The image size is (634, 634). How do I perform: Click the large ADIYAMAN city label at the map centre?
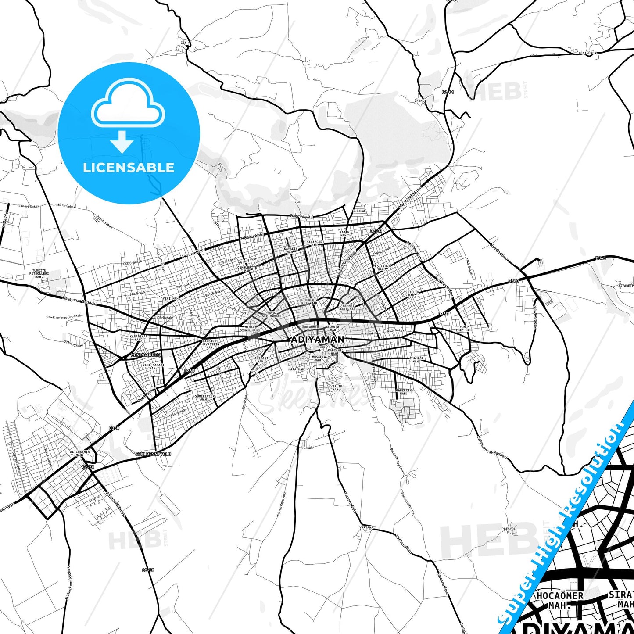point(318,339)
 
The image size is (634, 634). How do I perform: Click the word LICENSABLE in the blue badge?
point(129,168)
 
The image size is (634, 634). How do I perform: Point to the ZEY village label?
point(183,43)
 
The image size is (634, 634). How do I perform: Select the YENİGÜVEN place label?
point(587,53)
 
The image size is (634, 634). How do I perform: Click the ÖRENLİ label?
point(420,100)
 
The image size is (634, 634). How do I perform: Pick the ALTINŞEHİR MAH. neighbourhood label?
point(79,453)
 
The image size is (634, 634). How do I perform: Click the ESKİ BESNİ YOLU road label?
point(153,454)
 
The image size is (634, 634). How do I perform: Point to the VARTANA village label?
point(366,527)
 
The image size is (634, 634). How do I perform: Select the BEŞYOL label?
point(510,529)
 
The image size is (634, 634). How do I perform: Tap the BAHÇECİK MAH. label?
point(404,392)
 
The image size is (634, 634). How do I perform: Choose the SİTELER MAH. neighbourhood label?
point(412,294)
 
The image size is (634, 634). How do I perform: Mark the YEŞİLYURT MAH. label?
point(381,268)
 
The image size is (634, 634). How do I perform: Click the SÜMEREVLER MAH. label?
point(204,398)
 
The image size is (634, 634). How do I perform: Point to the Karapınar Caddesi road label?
point(79,303)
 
